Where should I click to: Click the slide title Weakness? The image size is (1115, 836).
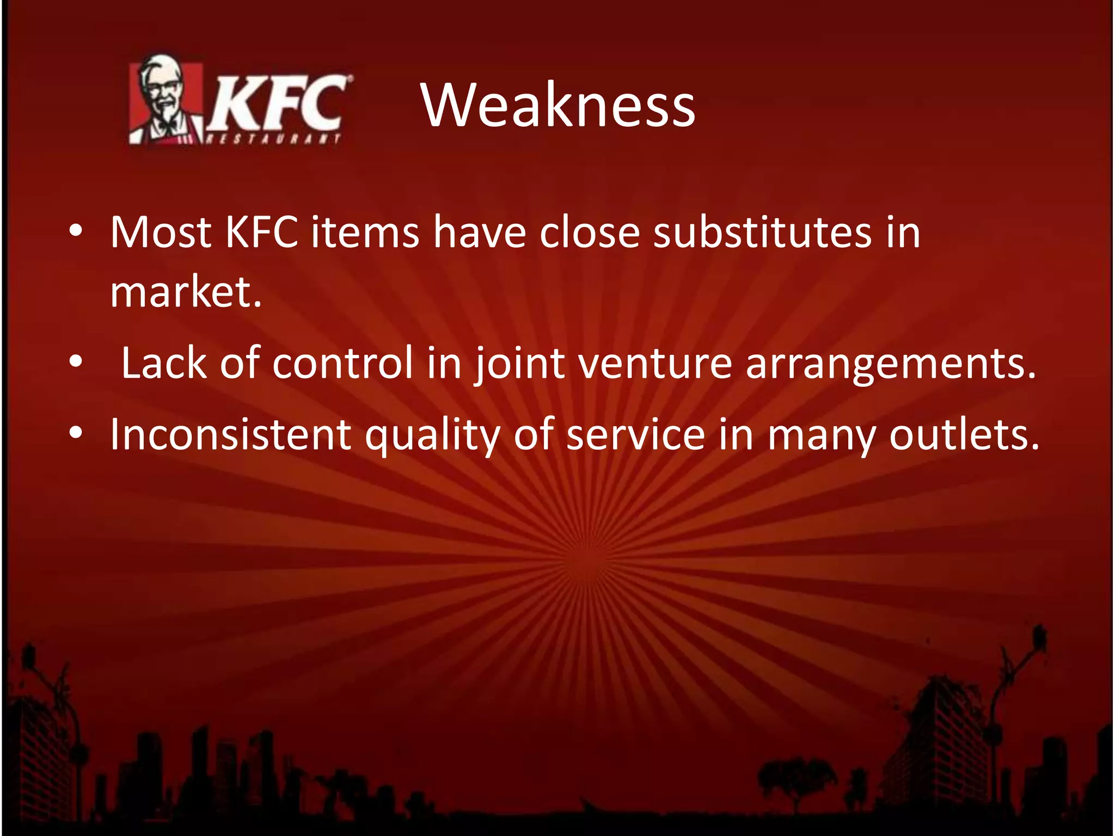pyautogui.click(x=557, y=105)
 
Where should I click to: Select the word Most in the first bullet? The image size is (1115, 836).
pyautogui.click(x=161, y=233)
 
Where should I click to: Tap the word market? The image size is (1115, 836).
pyautogui.click(x=185, y=292)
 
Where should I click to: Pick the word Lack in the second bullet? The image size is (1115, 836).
pyautogui.click(x=163, y=363)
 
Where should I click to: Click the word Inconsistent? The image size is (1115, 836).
pyautogui.click(x=231, y=434)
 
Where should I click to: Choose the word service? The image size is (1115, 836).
pyautogui.click(x=635, y=434)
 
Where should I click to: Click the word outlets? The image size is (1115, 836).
pyautogui.click(x=964, y=434)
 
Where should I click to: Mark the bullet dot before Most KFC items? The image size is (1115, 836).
pyautogui.click(x=76, y=232)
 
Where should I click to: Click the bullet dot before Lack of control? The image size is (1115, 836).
pyautogui.click(x=76, y=361)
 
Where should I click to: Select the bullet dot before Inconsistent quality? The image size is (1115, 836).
pyautogui.click(x=76, y=433)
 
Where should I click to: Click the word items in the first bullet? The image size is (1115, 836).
pyautogui.click(x=365, y=233)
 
